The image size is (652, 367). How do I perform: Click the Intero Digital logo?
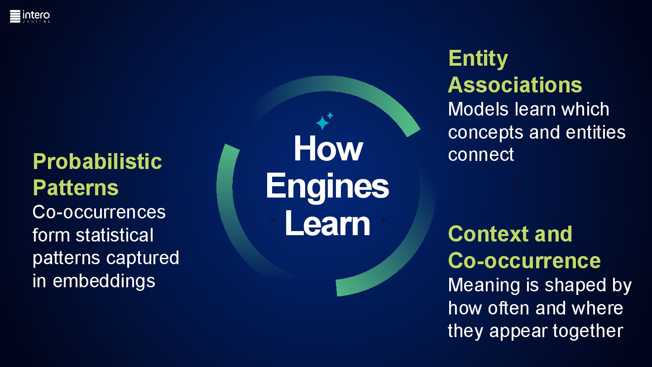(x=30, y=16)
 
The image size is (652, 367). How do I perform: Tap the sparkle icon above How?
(x=324, y=121)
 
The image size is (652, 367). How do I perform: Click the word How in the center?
(x=328, y=148)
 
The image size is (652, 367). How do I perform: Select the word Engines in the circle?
(x=327, y=186)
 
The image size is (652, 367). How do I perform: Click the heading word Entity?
(x=478, y=59)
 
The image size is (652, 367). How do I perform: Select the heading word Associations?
(x=515, y=85)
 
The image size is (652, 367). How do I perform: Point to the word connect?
(x=481, y=155)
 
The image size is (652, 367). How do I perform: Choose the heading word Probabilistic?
(x=97, y=161)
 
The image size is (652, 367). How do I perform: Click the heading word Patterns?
(x=76, y=188)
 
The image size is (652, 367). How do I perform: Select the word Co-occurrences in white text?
(x=99, y=212)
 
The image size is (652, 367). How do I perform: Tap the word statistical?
(x=115, y=235)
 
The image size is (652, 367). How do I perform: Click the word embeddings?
(x=104, y=281)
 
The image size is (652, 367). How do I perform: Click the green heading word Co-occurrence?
(x=524, y=261)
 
